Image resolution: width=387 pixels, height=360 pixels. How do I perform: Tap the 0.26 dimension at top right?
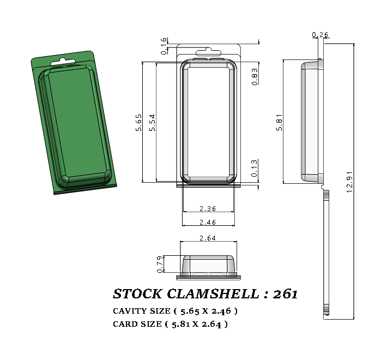(320, 35)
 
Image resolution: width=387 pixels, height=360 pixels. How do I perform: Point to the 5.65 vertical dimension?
(139, 122)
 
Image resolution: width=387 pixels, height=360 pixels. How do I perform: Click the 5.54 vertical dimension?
(153, 122)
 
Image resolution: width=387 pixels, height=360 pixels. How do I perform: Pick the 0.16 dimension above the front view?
(164, 46)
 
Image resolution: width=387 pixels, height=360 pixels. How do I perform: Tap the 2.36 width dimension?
(209, 208)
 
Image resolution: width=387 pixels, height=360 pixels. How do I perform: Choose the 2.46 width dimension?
(209, 222)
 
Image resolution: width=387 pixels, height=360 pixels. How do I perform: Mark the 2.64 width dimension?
(209, 238)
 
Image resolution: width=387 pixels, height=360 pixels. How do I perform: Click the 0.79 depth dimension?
(160, 264)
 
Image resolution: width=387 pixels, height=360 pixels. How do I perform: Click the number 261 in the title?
(285, 294)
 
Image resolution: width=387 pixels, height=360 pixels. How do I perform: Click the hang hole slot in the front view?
(209, 55)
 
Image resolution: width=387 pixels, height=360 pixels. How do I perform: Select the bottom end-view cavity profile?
(209, 265)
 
